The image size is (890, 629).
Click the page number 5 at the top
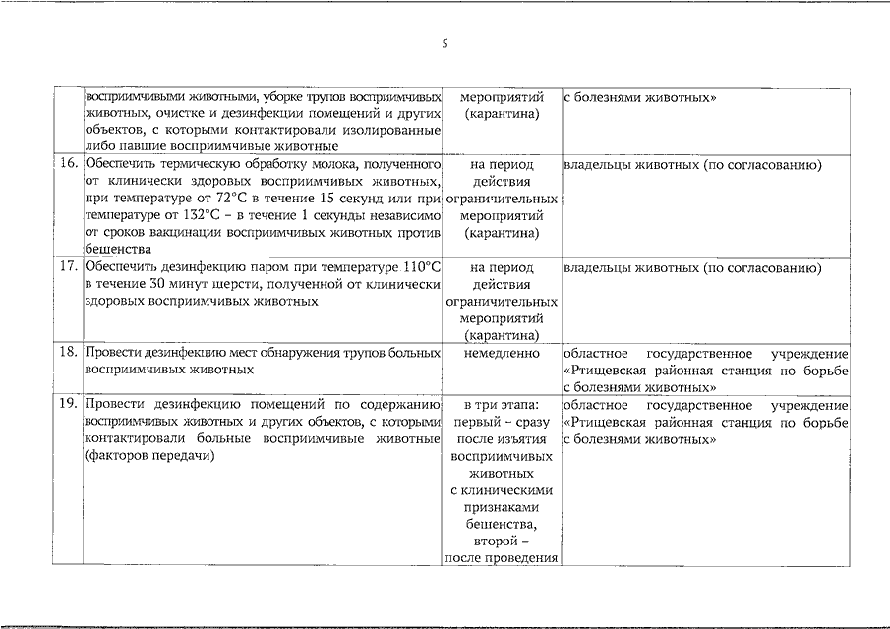[445, 43]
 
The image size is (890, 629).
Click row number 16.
[68, 164]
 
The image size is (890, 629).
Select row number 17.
[68, 267]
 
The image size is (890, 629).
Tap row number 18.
[68, 353]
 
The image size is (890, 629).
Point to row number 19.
[68, 405]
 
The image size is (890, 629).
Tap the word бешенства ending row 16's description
[119, 250]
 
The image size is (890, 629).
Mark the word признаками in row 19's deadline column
[501, 507]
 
